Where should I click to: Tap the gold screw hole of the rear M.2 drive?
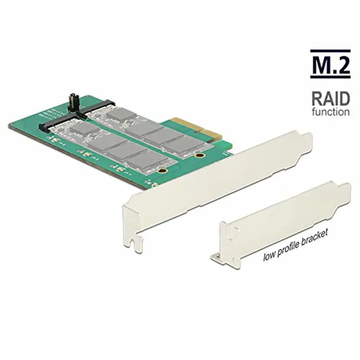[x=202, y=154]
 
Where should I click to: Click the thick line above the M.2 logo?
[x=329, y=51]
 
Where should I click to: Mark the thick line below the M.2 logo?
[x=329, y=78]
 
